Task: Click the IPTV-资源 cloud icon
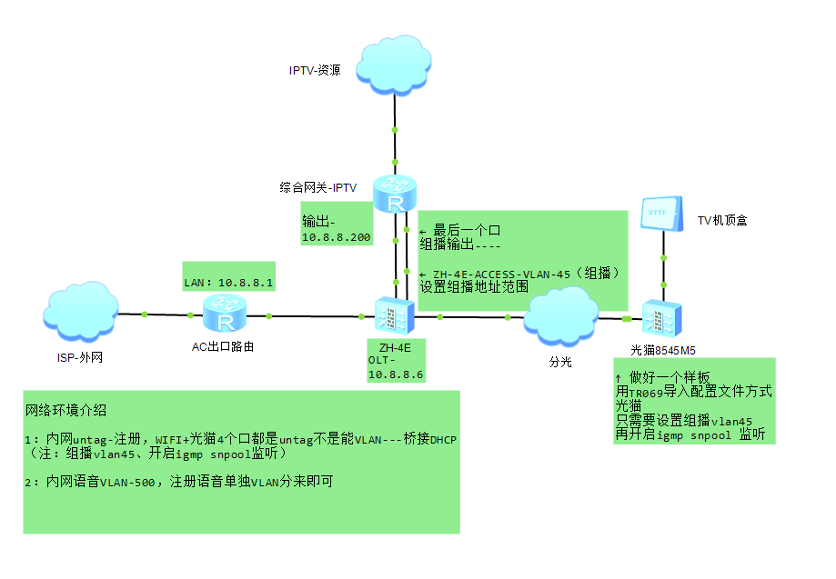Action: [394, 63]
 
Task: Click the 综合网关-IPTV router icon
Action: [396, 195]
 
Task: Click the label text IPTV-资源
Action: [315, 70]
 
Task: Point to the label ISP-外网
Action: [80, 357]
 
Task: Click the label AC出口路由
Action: [222, 346]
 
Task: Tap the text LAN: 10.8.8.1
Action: [229, 284]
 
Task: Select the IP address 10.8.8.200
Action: [337, 237]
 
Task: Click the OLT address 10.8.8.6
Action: [396, 374]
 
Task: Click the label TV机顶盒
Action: [722, 220]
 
